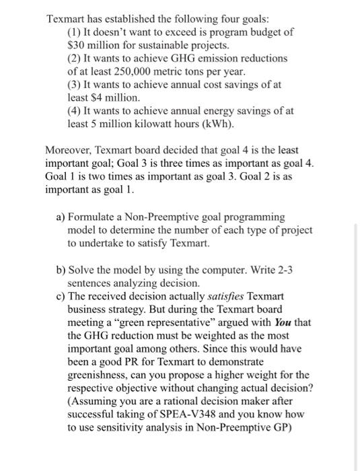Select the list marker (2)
(x=75, y=59)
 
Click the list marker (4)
(x=75, y=111)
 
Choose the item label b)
(x=61, y=270)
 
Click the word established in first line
(x=132, y=20)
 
